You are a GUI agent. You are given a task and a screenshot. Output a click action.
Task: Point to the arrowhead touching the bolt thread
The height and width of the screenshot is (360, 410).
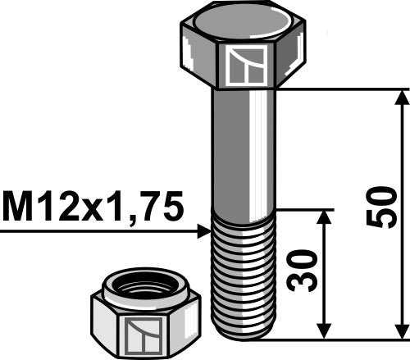click(x=205, y=233)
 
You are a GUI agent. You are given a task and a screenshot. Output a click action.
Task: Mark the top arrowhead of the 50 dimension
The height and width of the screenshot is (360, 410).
click(x=401, y=97)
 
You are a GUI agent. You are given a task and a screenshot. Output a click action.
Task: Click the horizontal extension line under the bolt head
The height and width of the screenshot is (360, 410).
click(x=344, y=89)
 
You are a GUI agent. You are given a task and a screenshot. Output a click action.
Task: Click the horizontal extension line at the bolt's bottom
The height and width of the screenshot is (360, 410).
click(x=344, y=338)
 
